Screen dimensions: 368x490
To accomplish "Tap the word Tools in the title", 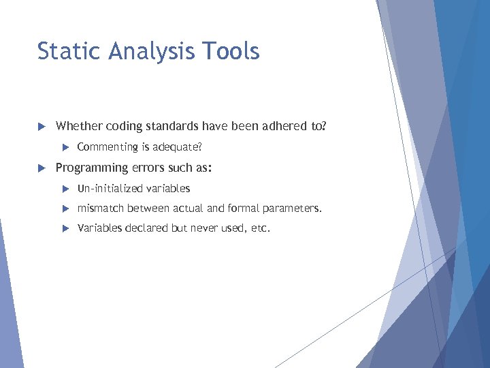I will pos(235,51).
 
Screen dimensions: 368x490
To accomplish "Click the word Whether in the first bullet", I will pos(76,126).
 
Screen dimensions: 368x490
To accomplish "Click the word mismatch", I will pos(100,209).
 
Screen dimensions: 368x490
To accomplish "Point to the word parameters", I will pos(293,209).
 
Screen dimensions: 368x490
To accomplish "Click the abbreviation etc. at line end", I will pos(261,228).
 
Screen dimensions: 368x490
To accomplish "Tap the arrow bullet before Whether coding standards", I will pos(41,126).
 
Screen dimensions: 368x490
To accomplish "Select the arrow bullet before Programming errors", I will pos(41,168).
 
